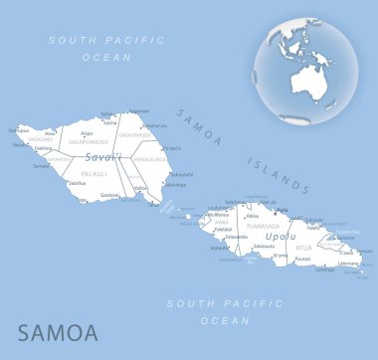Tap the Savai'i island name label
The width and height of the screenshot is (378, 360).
click(x=102, y=157)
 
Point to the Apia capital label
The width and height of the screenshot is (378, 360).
click(x=283, y=210)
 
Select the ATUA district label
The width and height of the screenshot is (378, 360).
click(x=305, y=247)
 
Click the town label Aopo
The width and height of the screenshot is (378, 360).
click(x=87, y=133)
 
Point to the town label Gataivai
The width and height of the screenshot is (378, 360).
click(x=109, y=196)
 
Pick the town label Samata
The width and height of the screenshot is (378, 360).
click(x=42, y=166)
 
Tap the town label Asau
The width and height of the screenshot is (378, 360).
click(x=51, y=132)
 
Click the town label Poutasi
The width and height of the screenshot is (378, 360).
click(x=276, y=258)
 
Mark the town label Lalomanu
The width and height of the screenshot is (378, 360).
click(x=348, y=264)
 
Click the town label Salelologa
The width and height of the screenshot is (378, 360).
click(x=175, y=185)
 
